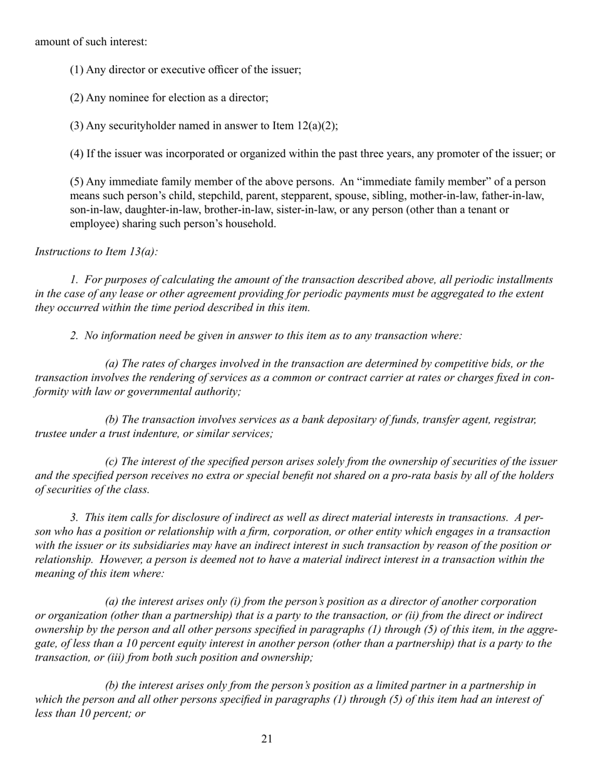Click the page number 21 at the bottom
(x=267, y=739)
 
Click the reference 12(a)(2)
(x=315, y=126)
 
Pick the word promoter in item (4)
(x=472, y=154)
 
